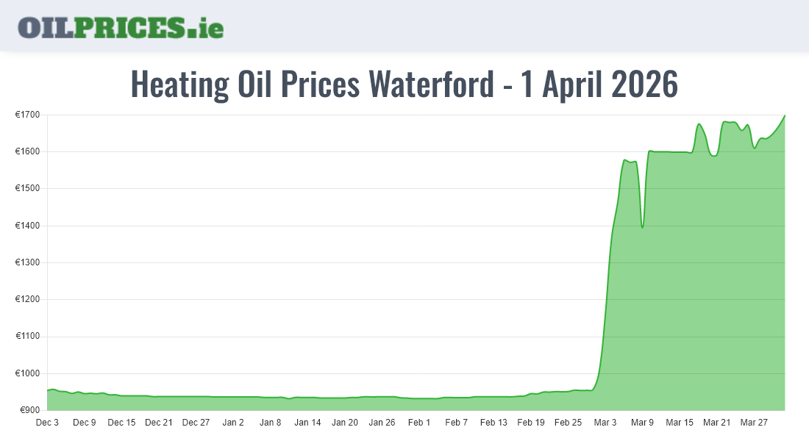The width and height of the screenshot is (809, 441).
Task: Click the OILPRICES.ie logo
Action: (x=121, y=27)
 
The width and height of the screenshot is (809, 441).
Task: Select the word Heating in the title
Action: (x=179, y=85)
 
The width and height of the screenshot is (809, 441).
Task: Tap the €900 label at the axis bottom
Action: (x=29, y=410)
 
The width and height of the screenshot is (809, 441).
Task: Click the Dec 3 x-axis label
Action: (x=47, y=423)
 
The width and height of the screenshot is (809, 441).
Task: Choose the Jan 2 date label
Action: (x=233, y=423)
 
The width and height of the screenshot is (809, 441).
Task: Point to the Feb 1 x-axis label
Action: (x=419, y=423)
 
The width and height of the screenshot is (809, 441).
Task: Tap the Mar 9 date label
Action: (x=642, y=423)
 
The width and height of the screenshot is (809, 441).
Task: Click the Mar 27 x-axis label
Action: (x=754, y=423)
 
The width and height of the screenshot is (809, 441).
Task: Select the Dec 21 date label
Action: (x=159, y=423)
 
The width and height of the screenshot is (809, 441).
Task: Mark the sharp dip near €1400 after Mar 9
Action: (x=642, y=227)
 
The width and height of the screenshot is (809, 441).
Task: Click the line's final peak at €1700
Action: (x=785, y=115)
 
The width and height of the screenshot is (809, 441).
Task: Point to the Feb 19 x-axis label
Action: (x=531, y=423)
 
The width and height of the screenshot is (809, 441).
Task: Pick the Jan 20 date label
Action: (x=345, y=423)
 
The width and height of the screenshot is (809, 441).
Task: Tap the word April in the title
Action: (x=569, y=85)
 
